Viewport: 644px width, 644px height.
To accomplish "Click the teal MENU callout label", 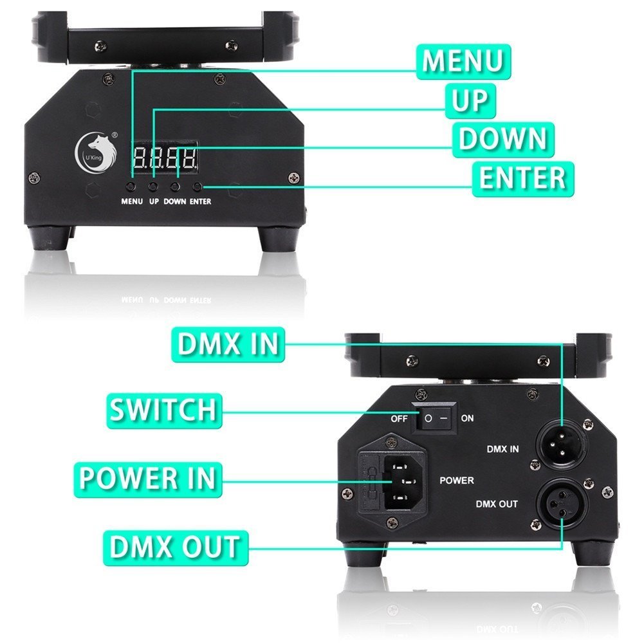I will pos(463,62).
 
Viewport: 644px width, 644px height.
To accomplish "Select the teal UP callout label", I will pos(471,101).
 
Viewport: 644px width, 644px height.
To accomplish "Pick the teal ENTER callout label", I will pos(522,178).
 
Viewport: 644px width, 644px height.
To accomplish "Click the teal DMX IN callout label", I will pos(228,344).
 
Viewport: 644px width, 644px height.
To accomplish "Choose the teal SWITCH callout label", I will pos(162,409).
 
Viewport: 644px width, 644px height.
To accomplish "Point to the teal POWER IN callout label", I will pos(147,478).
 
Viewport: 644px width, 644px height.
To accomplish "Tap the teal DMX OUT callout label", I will pos(174,547).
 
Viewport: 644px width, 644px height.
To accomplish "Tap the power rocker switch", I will pos(434,418).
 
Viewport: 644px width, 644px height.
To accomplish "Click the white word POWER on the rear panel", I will pos(456,481).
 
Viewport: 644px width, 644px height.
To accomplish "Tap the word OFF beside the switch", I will pos(400,419).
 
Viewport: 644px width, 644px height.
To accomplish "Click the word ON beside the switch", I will pos(468,419).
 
